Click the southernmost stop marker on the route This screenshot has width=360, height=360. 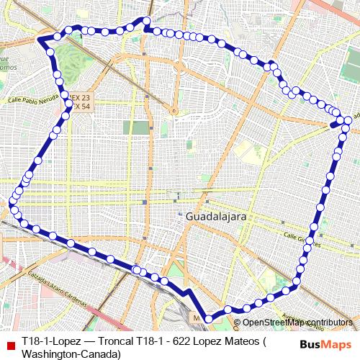click(210, 318)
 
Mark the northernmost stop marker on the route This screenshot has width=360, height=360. click(146, 21)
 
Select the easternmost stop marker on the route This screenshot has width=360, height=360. click(348, 120)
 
